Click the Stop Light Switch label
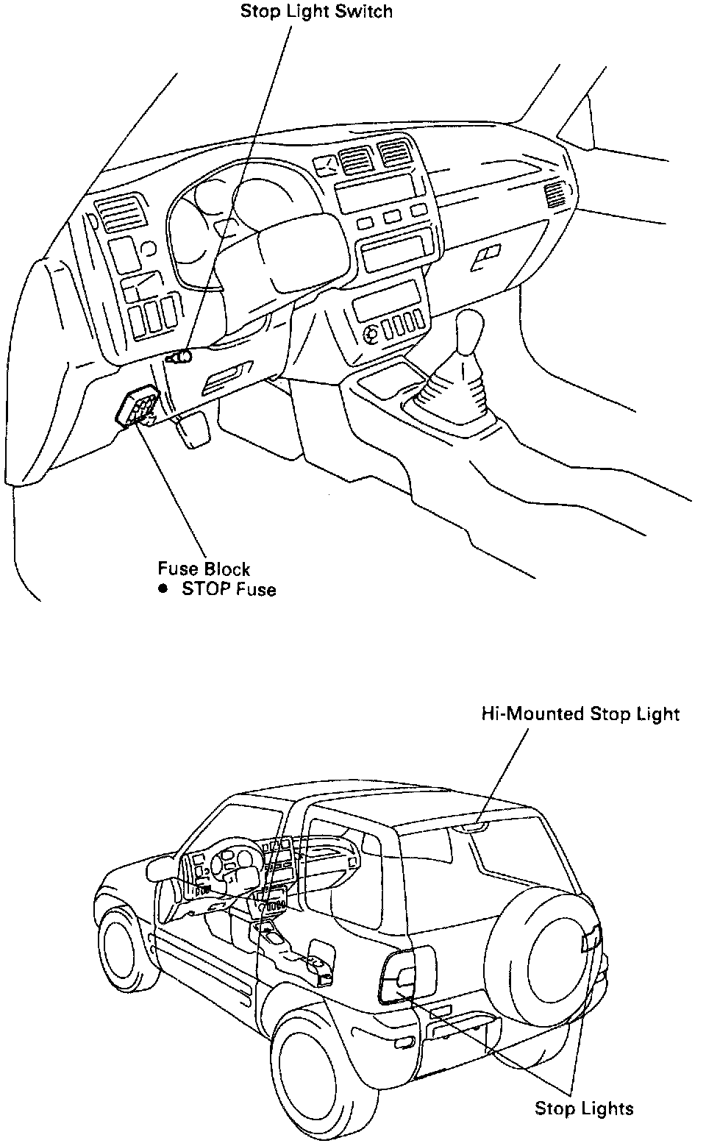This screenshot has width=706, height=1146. click(x=316, y=12)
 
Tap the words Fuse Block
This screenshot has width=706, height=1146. click(x=204, y=569)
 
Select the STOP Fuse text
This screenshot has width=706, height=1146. click(x=229, y=589)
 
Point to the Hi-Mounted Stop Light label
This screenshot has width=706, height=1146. click(x=580, y=713)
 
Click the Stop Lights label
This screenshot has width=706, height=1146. click(x=584, y=1108)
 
